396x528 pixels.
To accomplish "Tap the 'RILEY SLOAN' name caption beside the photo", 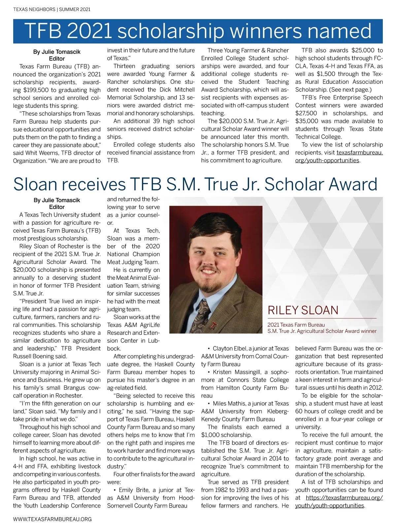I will click(x=303, y=310).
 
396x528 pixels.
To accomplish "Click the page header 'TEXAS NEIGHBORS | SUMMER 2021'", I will click(x=52, y=9).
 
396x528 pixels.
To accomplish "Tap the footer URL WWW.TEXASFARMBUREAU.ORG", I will click(x=52, y=519).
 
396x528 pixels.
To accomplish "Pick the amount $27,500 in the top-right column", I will click(x=306, y=113).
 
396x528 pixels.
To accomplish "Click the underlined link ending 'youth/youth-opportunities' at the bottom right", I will click(x=329, y=506).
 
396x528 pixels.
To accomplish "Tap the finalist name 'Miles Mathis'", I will click(x=228, y=403).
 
